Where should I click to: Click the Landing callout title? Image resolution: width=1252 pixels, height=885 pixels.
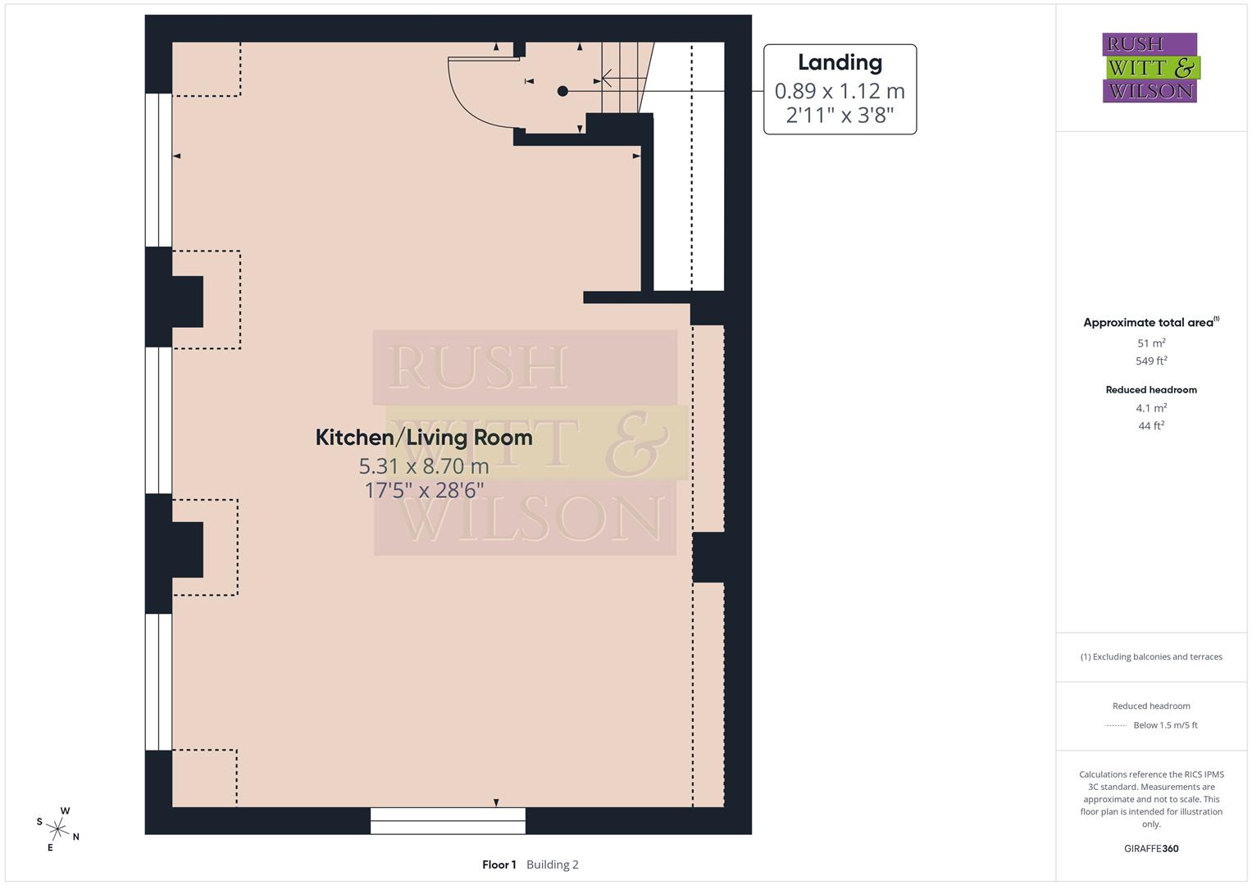pos(840,62)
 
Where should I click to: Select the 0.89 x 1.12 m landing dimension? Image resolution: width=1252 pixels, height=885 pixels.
pos(840,90)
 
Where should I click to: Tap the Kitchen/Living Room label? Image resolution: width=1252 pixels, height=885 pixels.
pos(424,438)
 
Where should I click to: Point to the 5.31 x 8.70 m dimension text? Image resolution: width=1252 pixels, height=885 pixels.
pos(424,466)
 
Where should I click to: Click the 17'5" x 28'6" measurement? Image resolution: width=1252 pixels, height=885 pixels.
pos(424,490)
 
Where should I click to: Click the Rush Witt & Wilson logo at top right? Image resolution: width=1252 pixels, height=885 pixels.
pos(1150,68)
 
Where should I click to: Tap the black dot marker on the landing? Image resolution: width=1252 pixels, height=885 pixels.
pos(562,91)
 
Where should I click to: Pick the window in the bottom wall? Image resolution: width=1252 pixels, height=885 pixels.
pos(448,820)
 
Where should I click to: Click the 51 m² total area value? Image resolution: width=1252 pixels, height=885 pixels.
pos(1151,343)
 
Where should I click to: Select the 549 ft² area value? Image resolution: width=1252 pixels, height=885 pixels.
pos(1151,361)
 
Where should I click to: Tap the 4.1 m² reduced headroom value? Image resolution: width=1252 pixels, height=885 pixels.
pos(1151,408)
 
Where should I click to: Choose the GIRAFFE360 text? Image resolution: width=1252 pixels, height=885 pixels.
pos(1151,848)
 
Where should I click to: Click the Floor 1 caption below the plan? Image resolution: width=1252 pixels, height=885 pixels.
pos(499,865)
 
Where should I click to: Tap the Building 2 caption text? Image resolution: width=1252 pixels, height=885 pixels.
pos(553,865)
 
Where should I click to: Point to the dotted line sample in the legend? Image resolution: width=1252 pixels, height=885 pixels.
pos(1116,725)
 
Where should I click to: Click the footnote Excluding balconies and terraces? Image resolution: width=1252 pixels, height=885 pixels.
pos(1151,656)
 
